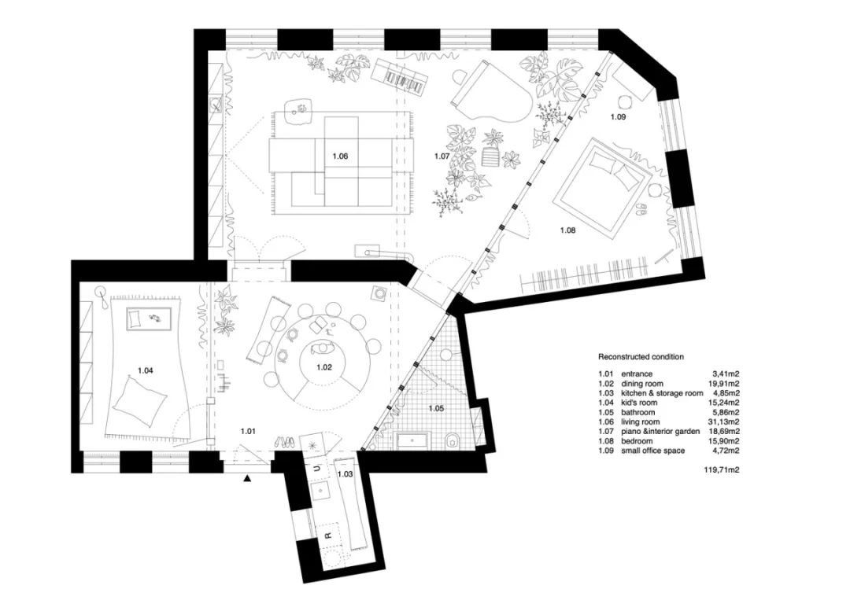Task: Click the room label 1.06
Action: pos(340,156)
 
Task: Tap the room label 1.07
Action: pos(442,156)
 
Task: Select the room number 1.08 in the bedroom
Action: pos(567,230)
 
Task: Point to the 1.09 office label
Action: pos(618,116)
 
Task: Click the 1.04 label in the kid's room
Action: pos(146,371)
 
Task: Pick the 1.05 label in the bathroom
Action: pos(436,408)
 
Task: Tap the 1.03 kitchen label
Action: pos(346,474)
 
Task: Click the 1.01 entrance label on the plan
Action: pos(248,432)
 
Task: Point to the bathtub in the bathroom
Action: pos(416,440)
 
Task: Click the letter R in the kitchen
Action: pos(327,536)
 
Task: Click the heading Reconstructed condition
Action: pos(641,357)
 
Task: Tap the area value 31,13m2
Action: pos(724,421)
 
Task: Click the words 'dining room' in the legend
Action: pos(642,384)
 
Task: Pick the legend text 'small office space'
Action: pos(652,451)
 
